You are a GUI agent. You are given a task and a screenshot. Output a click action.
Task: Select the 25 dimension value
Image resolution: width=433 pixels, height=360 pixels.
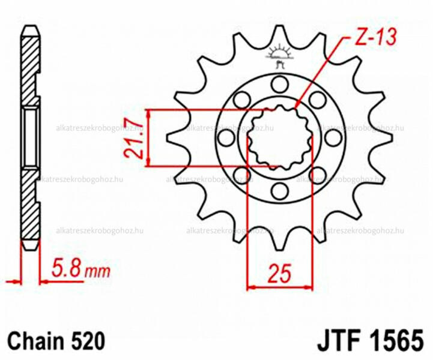[280, 274]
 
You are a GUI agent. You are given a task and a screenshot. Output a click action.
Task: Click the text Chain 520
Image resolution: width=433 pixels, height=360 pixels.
[56, 341]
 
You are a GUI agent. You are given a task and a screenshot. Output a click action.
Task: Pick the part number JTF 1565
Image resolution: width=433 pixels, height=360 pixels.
[371, 340]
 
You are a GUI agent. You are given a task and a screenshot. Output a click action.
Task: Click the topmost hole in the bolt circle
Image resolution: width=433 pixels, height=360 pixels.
[279, 84]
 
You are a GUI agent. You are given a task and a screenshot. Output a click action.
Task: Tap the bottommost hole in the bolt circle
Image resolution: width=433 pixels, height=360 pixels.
[279, 191]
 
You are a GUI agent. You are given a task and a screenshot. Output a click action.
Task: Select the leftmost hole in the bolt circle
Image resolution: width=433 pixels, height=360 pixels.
[226, 137]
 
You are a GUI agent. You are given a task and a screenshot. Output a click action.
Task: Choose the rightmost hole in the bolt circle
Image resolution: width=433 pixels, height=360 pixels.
[333, 137]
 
